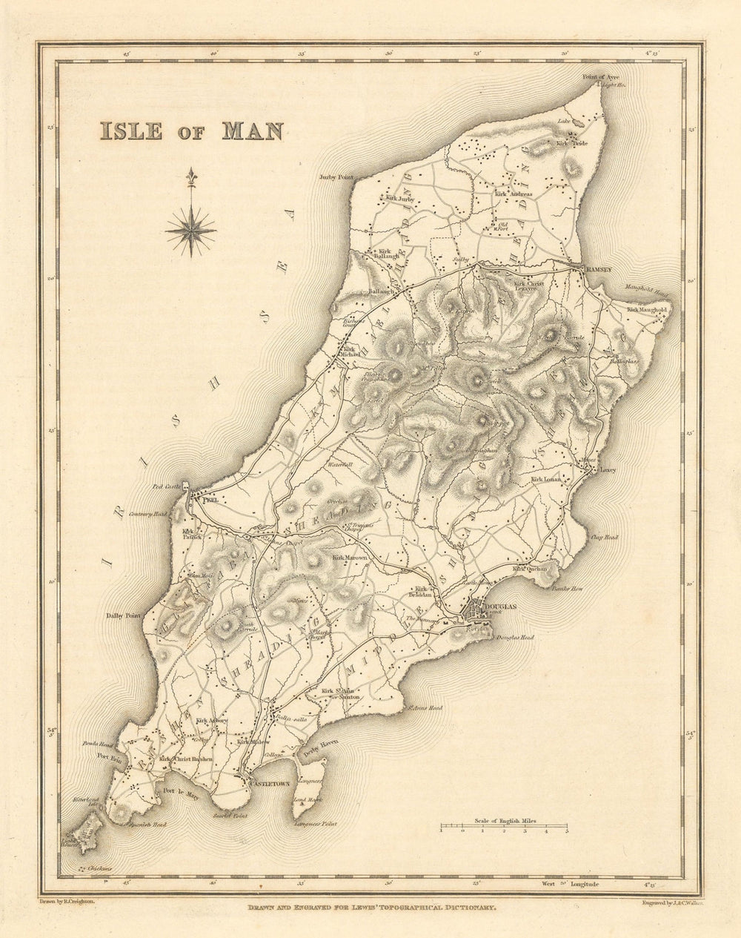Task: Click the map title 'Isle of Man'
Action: tap(191, 131)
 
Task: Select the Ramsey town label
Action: tap(598, 271)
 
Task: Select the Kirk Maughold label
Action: tap(647, 309)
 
